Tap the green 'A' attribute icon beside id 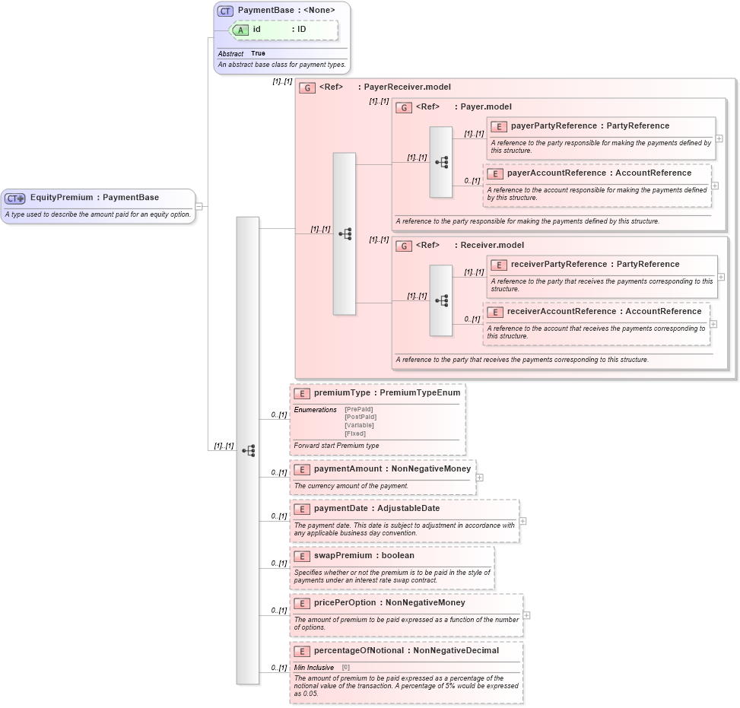point(241,30)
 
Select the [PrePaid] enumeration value point(358,409)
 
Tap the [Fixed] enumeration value point(354,433)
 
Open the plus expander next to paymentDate point(522,522)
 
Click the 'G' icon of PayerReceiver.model point(307,87)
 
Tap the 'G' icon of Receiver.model point(404,246)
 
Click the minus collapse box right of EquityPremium point(198,205)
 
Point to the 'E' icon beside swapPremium point(302,556)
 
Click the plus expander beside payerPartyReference point(719,139)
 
